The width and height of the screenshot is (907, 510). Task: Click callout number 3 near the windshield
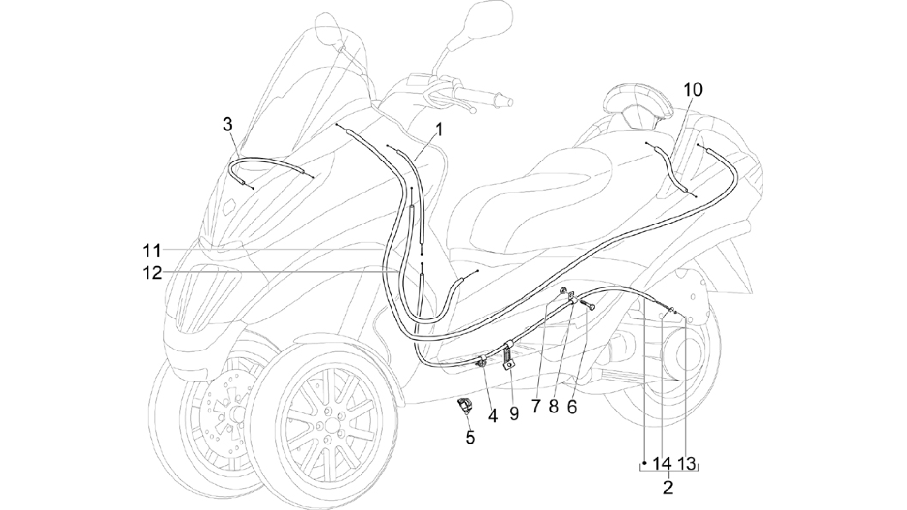point(228,125)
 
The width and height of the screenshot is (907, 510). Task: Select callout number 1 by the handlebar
point(439,130)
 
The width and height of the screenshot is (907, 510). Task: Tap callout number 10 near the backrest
point(693,90)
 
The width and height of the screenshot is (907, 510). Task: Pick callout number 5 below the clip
point(470,438)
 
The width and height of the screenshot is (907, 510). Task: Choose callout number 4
point(493,416)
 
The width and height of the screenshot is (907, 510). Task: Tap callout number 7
point(536,405)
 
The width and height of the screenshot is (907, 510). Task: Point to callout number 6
point(572,406)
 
